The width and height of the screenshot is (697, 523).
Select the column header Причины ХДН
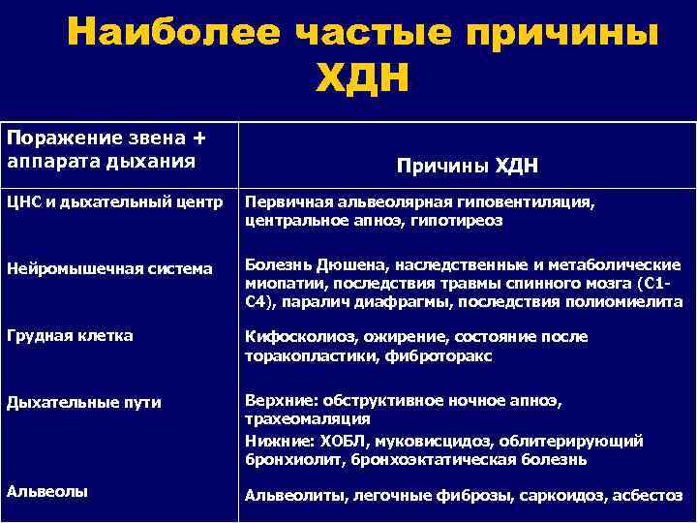click(x=468, y=166)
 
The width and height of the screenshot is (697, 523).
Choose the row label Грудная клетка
click(x=70, y=336)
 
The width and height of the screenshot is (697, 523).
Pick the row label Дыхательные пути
click(x=84, y=402)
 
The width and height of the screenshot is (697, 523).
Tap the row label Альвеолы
click(x=47, y=491)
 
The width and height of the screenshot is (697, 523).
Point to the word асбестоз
click(x=650, y=495)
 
